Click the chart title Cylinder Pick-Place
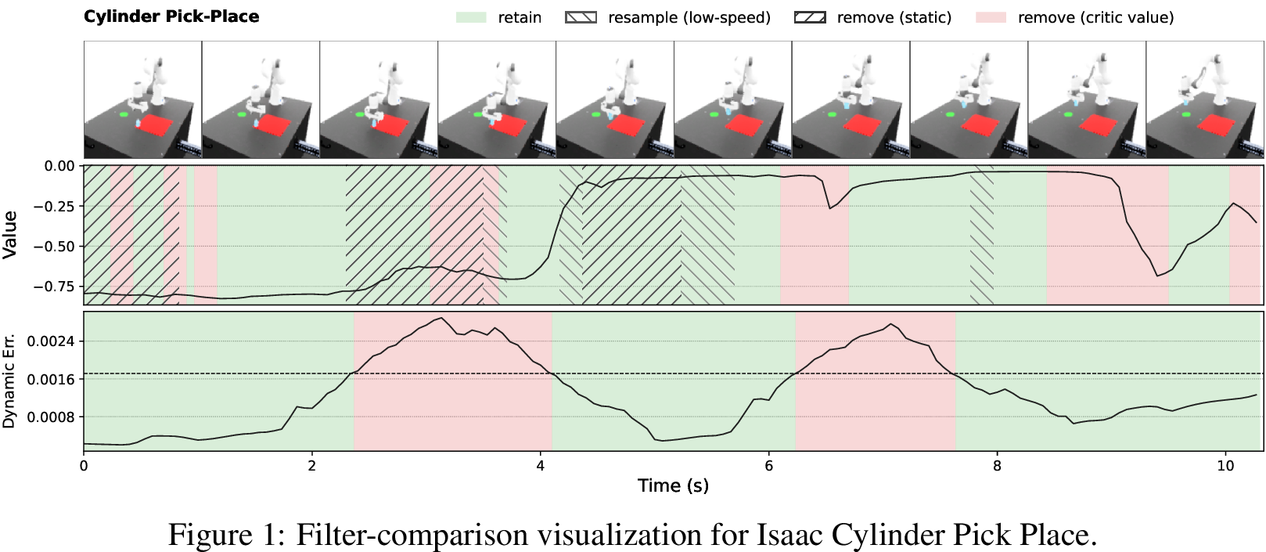[x=171, y=16]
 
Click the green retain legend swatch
[x=471, y=17]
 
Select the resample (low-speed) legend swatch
[x=581, y=17]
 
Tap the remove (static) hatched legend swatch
[x=809, y=17]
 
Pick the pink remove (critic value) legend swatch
[x=991, y=17]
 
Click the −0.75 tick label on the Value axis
[x=54, y=287]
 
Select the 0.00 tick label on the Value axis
[x=60, y=166]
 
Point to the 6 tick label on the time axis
[x=768, y=466]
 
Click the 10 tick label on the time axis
[x=1225, y=466]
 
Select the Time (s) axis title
[x=673, y=485]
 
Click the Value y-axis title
[x=9, y=235]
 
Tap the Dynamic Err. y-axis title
[x=9, y=381]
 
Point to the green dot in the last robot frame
[x=1185, y=115]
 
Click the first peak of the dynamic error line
[x=441, y=318]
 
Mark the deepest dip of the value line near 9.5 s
[x=1157, y=276]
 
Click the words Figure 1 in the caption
[x=227, y=535]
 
